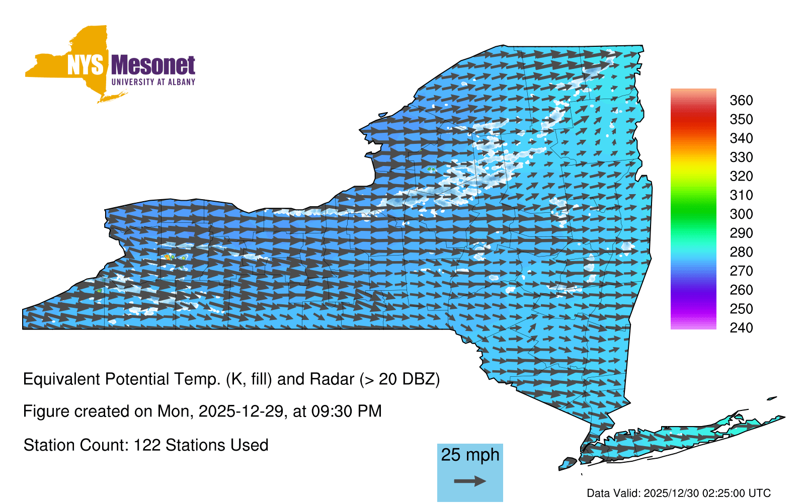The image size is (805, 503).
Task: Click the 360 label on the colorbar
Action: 741,100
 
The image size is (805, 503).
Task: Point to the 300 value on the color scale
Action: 741,214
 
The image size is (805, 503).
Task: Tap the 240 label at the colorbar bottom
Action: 741,327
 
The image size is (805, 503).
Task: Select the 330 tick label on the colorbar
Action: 741,157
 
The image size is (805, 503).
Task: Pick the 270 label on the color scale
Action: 741,271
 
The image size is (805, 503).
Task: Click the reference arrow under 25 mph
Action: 470,481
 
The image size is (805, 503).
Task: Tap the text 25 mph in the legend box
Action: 470,455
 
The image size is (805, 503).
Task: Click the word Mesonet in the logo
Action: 153,65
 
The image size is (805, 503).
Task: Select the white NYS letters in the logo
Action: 85,65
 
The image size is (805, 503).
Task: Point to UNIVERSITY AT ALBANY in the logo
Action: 153,82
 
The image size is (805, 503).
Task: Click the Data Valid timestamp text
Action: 679,493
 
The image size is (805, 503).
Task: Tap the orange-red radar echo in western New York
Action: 167,257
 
